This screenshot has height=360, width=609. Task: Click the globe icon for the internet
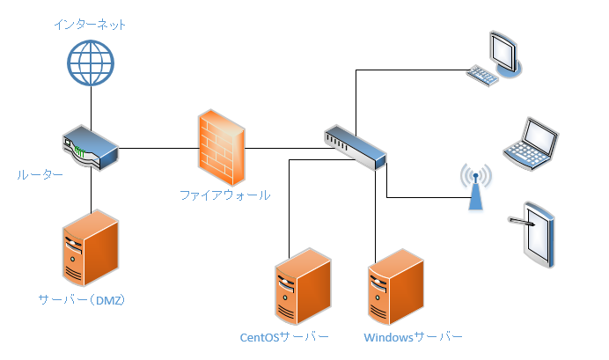pos(91,64)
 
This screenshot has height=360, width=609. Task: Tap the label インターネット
pos(90,25)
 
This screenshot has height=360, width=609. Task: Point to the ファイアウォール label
pos(224,195)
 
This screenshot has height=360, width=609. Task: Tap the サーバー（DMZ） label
pos(82,299)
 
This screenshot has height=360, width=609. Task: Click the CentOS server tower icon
pos(303,285)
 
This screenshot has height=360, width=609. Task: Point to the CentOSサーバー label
pos(284,337)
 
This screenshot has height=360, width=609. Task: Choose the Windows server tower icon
pos(394,285)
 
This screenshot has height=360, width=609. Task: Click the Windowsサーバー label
pos(412,337)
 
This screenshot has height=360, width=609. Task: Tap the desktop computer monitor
pos(505,52)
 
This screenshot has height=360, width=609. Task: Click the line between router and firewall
pos(158,148)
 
